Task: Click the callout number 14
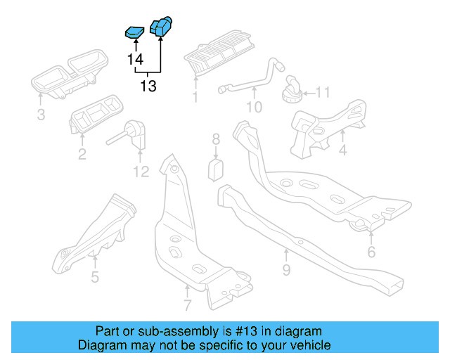[x=135, y=60]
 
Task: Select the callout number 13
[x=148, y=86]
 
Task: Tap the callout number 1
[x=195, y=97]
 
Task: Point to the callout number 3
[x=41, y=114]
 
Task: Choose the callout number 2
[x=82, y=154]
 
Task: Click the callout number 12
[x=141, y=171]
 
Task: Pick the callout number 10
[x=253, y=107]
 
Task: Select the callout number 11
[x=322, y=93]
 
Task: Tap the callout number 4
[x=342, y=150]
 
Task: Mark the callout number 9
[x=286, y=270]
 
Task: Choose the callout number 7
[x=187, y=305]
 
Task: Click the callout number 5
[x=95, y=276]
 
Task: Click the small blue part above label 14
[x=134, y=31]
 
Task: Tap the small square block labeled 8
[x=217, y=169]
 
